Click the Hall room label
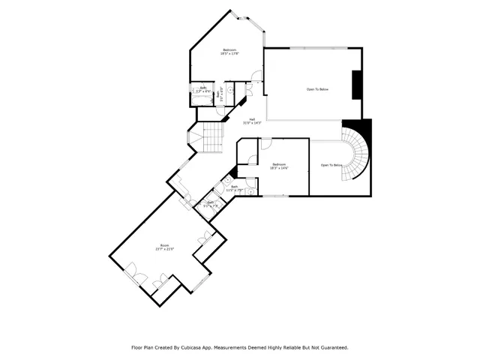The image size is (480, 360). [x=252, y=118]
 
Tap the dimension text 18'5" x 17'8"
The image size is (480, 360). [x=229, y=54]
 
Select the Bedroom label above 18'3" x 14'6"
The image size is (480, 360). [x=279, y=163]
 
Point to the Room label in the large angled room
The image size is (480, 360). [x=164, y=246]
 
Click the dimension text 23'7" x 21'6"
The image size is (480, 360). [x=164, y=250]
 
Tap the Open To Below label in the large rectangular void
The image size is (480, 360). [x=317, y=89]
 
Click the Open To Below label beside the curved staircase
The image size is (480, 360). [x=331, y=165]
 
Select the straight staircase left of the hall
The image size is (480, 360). [x=214, y=136]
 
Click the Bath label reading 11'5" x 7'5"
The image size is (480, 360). [x=235, y=187]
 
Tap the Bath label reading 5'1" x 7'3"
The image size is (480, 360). [x=211, y=202]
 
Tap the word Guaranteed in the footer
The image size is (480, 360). [x=332, y=348]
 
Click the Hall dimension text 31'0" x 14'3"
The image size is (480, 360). [x=252, y=122]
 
